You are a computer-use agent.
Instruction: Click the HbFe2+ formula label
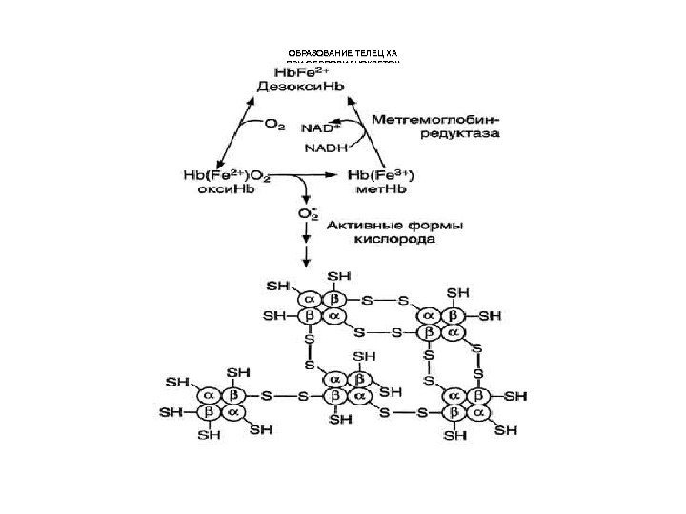click(302, 71)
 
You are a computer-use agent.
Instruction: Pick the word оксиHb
click(225, 191)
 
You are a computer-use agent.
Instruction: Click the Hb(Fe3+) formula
click(388, 177)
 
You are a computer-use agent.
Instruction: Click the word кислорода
click(396, 242)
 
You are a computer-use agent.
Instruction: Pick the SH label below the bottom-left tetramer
click(208, 436)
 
